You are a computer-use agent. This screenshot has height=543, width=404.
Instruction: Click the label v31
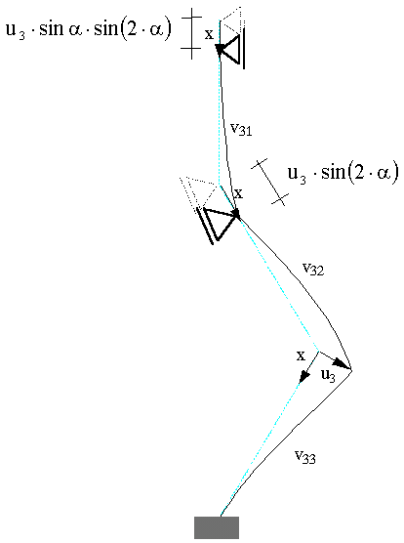241,129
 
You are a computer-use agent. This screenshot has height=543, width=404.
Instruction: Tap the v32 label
313,269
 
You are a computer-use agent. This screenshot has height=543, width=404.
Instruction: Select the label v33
305,456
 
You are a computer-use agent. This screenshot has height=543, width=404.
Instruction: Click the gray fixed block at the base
217,527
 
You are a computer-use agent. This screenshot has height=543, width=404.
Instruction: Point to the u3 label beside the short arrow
328,375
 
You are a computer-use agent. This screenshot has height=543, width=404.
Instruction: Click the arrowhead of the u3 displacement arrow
343,364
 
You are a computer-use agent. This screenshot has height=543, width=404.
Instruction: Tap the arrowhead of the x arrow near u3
304,377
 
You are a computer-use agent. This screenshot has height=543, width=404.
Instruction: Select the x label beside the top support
209,34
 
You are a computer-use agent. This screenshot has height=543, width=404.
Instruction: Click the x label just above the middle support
239,193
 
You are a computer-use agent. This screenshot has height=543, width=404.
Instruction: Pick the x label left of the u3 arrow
301,355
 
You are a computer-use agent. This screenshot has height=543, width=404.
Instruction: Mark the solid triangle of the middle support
219,222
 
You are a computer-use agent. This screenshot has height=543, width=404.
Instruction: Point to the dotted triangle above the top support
231,21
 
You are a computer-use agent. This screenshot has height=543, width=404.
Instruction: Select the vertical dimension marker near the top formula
191,32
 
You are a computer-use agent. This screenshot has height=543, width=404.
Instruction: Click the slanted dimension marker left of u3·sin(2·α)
269,183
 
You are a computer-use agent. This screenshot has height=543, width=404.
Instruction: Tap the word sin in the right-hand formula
334,172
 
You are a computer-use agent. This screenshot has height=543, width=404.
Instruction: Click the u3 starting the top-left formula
16,30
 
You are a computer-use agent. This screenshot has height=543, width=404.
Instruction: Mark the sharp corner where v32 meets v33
351,370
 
